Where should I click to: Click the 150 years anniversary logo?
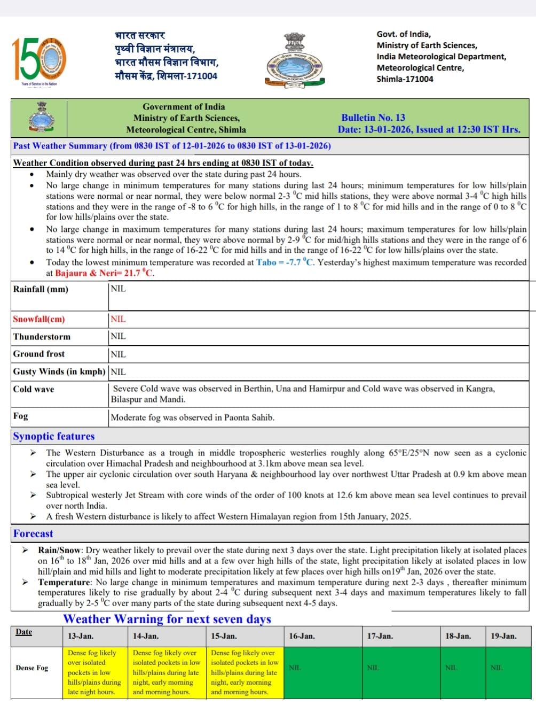(x=40, y=60)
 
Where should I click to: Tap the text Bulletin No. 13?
(x=373, y=118)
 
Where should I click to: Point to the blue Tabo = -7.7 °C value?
(x=285, y=262)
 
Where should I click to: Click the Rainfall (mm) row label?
(x=41, y=289)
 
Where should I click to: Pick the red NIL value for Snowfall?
(x=118, y=319)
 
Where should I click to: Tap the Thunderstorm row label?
(x=42, y=337)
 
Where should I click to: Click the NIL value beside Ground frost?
(x=118, y=354)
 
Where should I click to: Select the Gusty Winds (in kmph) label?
(x=59, y=371)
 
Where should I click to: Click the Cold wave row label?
(x=34, y=389)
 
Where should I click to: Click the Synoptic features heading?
(x=54, y=436)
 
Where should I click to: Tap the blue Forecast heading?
(x=33, y=533)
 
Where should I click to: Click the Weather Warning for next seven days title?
(x=167, y=619)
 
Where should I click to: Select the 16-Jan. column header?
(x=302, y=636)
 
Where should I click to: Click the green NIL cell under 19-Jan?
(x=496, y=668)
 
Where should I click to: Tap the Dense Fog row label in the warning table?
(x=32, y=668)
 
